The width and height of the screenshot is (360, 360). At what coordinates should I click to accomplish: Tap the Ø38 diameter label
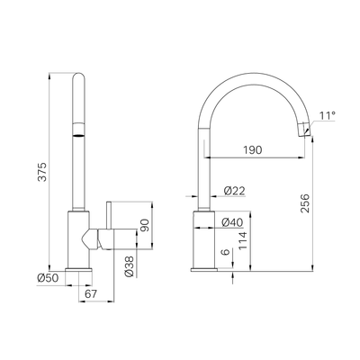128,265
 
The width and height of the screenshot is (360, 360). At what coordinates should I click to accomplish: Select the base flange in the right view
204,267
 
